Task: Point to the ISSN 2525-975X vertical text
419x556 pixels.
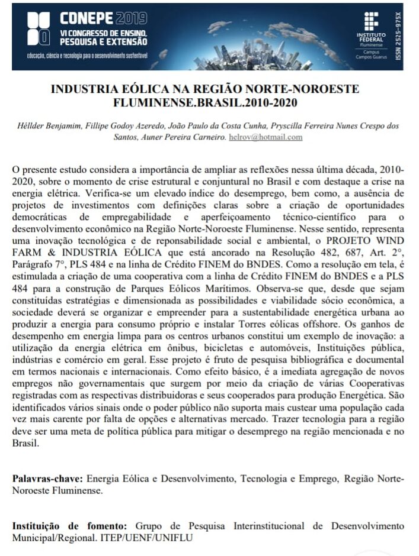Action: pos(398,36)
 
